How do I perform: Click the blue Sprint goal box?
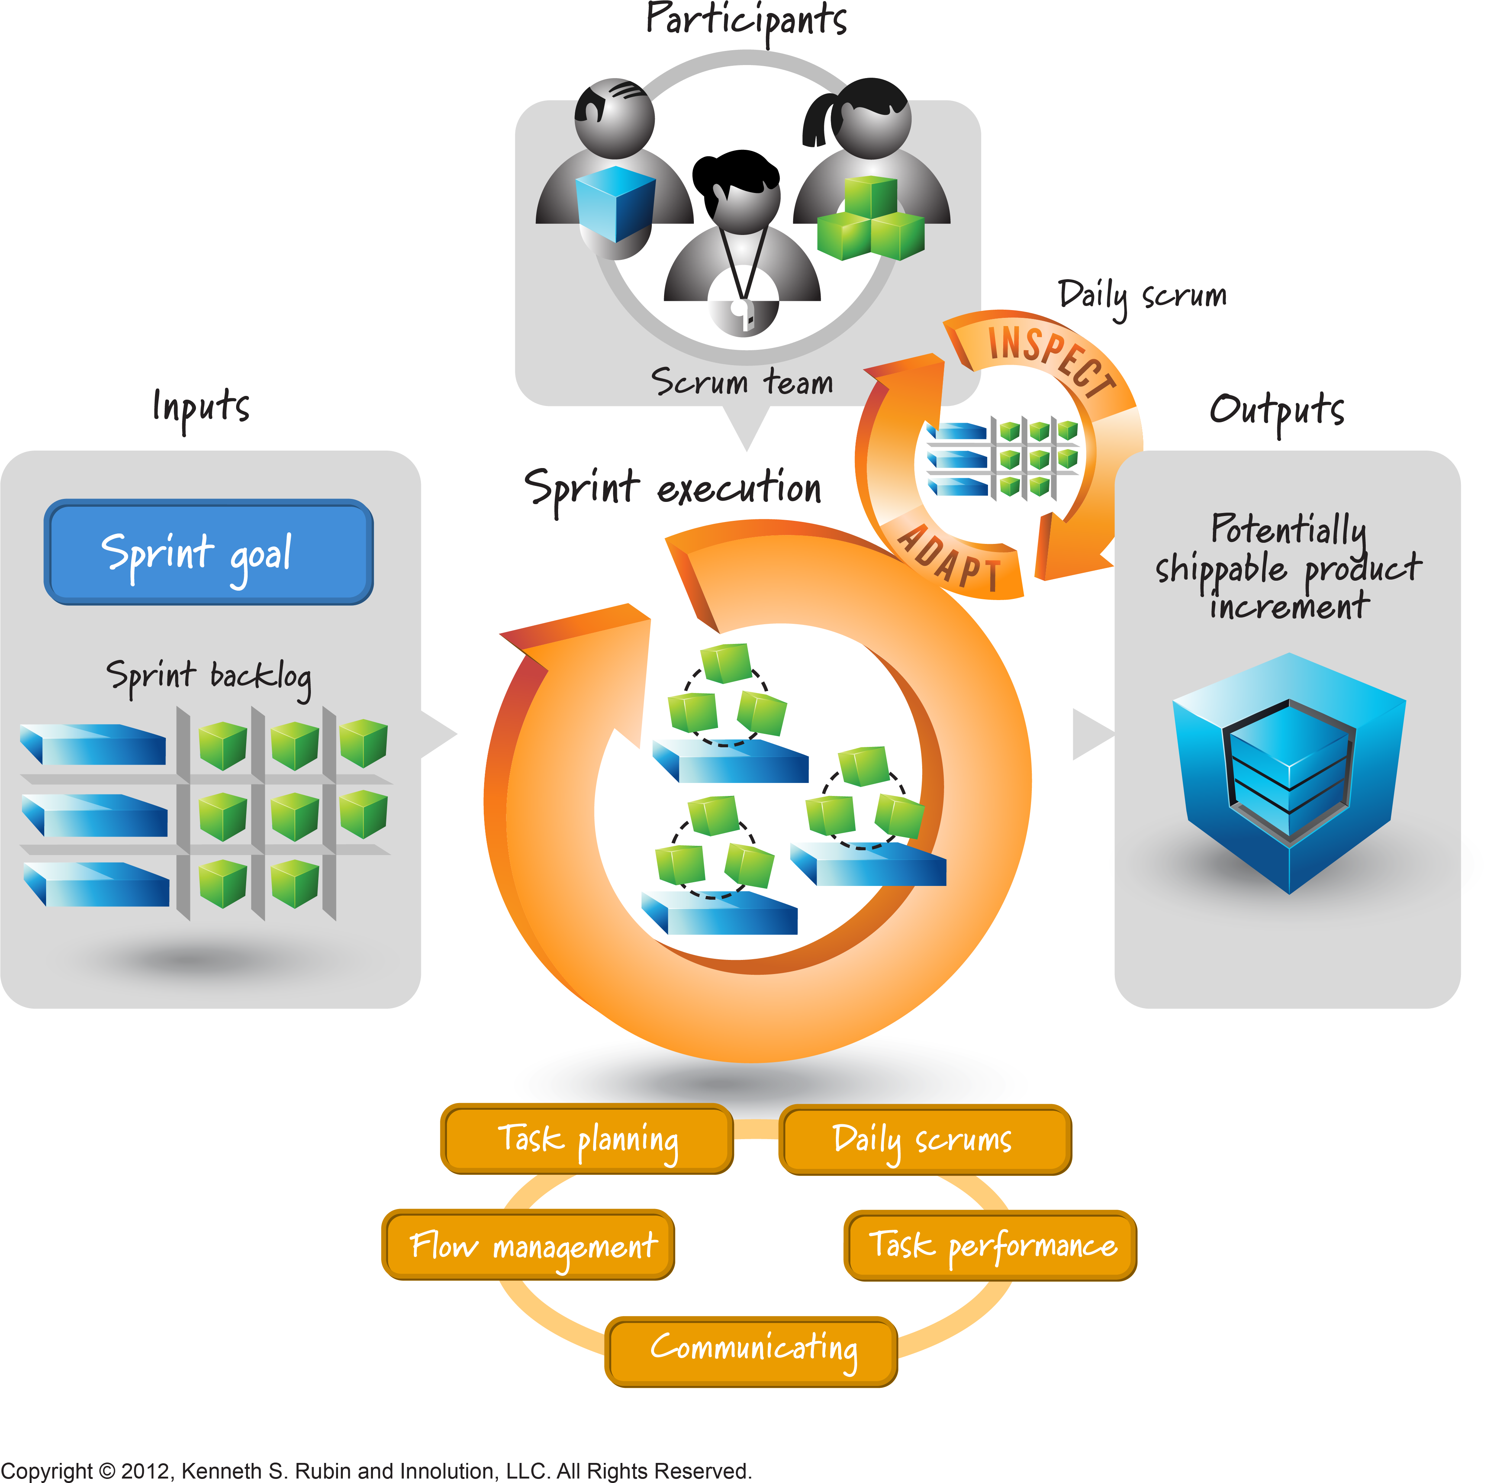(x=209, y=552)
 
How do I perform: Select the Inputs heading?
(x=202, y=407)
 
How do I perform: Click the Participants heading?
(x=746, y=19)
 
